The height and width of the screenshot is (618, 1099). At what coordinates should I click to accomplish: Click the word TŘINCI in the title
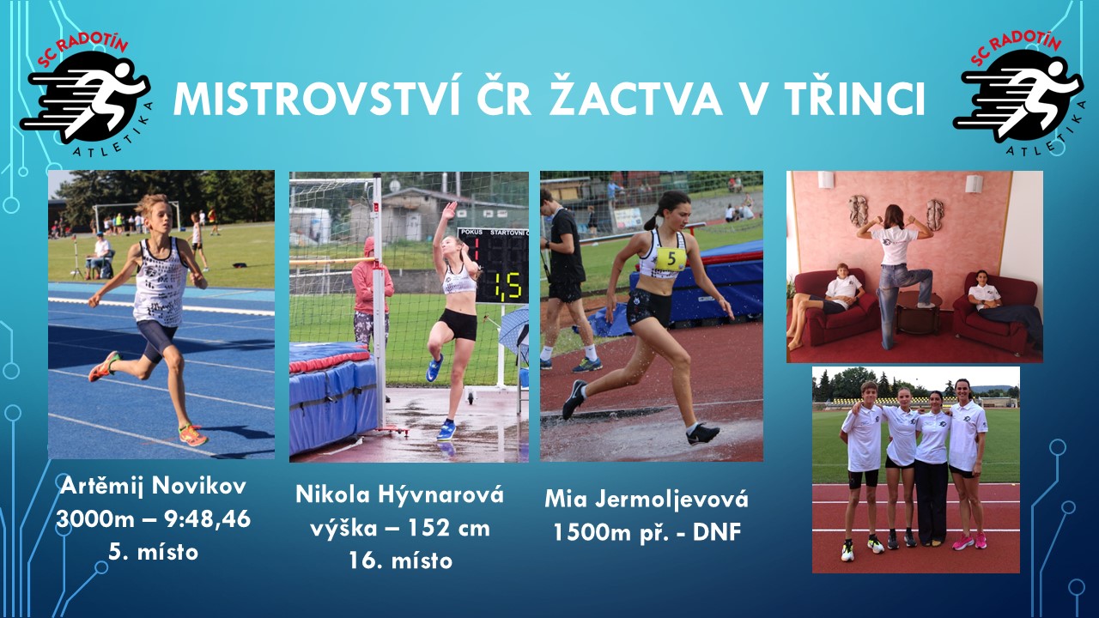[x=852, y=99]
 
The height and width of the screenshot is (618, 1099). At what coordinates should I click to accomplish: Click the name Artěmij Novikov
[x=153, y=486]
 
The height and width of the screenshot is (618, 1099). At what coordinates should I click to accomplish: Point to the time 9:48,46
[x=208, y=519]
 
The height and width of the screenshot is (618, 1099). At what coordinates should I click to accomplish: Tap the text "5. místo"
[x=153, y=552]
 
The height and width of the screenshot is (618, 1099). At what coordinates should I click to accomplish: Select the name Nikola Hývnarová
[x=399, y=494]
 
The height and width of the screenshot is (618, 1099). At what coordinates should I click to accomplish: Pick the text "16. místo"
[x=400, y=560]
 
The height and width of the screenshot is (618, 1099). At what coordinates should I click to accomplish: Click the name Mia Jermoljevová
[x=647, y=500]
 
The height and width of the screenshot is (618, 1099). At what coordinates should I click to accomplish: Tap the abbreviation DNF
[x=717, y=532]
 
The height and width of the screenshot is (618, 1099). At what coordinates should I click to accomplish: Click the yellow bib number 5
[x=671, y=258]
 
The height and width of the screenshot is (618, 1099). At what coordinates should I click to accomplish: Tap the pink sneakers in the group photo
[x=968, y=542]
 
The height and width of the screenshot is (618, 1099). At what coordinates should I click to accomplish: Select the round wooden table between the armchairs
[x=919, y=311]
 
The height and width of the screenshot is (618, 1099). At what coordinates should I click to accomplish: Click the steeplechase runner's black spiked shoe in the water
[x=702, y=434]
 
